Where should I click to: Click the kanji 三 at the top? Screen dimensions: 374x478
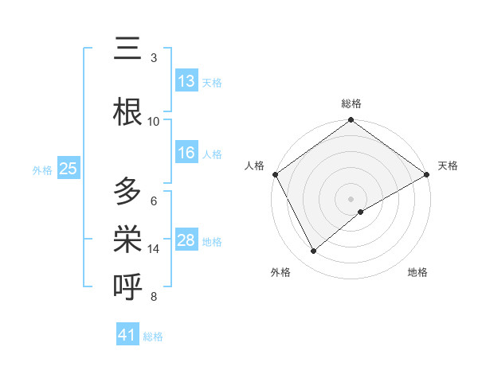point(128,50)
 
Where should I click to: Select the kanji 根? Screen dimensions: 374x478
point(128,112)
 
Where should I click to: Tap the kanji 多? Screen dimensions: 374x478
point(128,192)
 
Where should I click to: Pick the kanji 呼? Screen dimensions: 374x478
point(128,285)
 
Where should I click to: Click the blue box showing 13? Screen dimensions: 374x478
point(186,82)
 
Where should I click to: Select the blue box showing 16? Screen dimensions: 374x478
point(186,153)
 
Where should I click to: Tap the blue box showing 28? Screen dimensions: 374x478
point(186,240)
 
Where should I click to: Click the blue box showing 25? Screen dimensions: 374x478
point(68,169)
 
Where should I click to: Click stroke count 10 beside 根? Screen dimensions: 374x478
point(154,121)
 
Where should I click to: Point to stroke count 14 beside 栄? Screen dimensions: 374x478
point(154,249)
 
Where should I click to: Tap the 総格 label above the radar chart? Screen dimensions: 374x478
point(351,103)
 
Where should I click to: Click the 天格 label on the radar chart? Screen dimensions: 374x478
point(448,166)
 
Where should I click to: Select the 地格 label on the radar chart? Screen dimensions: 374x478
point(417,272)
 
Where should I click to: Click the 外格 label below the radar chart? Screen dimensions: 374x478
point(280,272)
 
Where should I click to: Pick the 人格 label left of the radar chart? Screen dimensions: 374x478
point(254,166)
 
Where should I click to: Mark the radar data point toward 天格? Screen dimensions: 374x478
point(427,174)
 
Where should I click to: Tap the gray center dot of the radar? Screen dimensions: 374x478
point(351,198)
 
